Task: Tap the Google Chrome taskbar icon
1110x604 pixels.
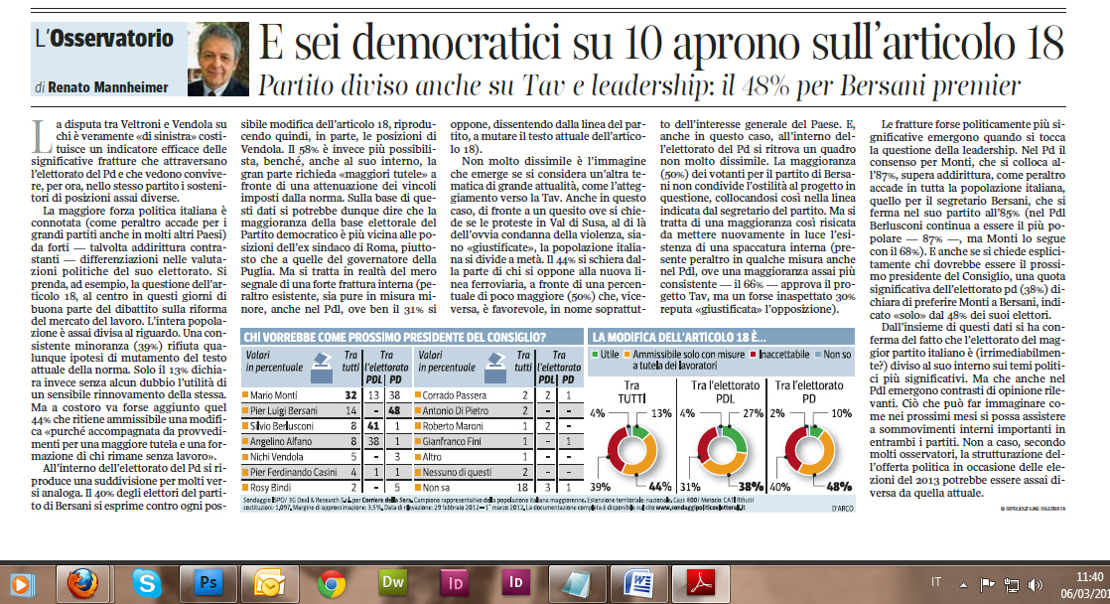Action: [332, 582]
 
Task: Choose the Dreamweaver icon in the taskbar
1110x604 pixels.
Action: [393, 582]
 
